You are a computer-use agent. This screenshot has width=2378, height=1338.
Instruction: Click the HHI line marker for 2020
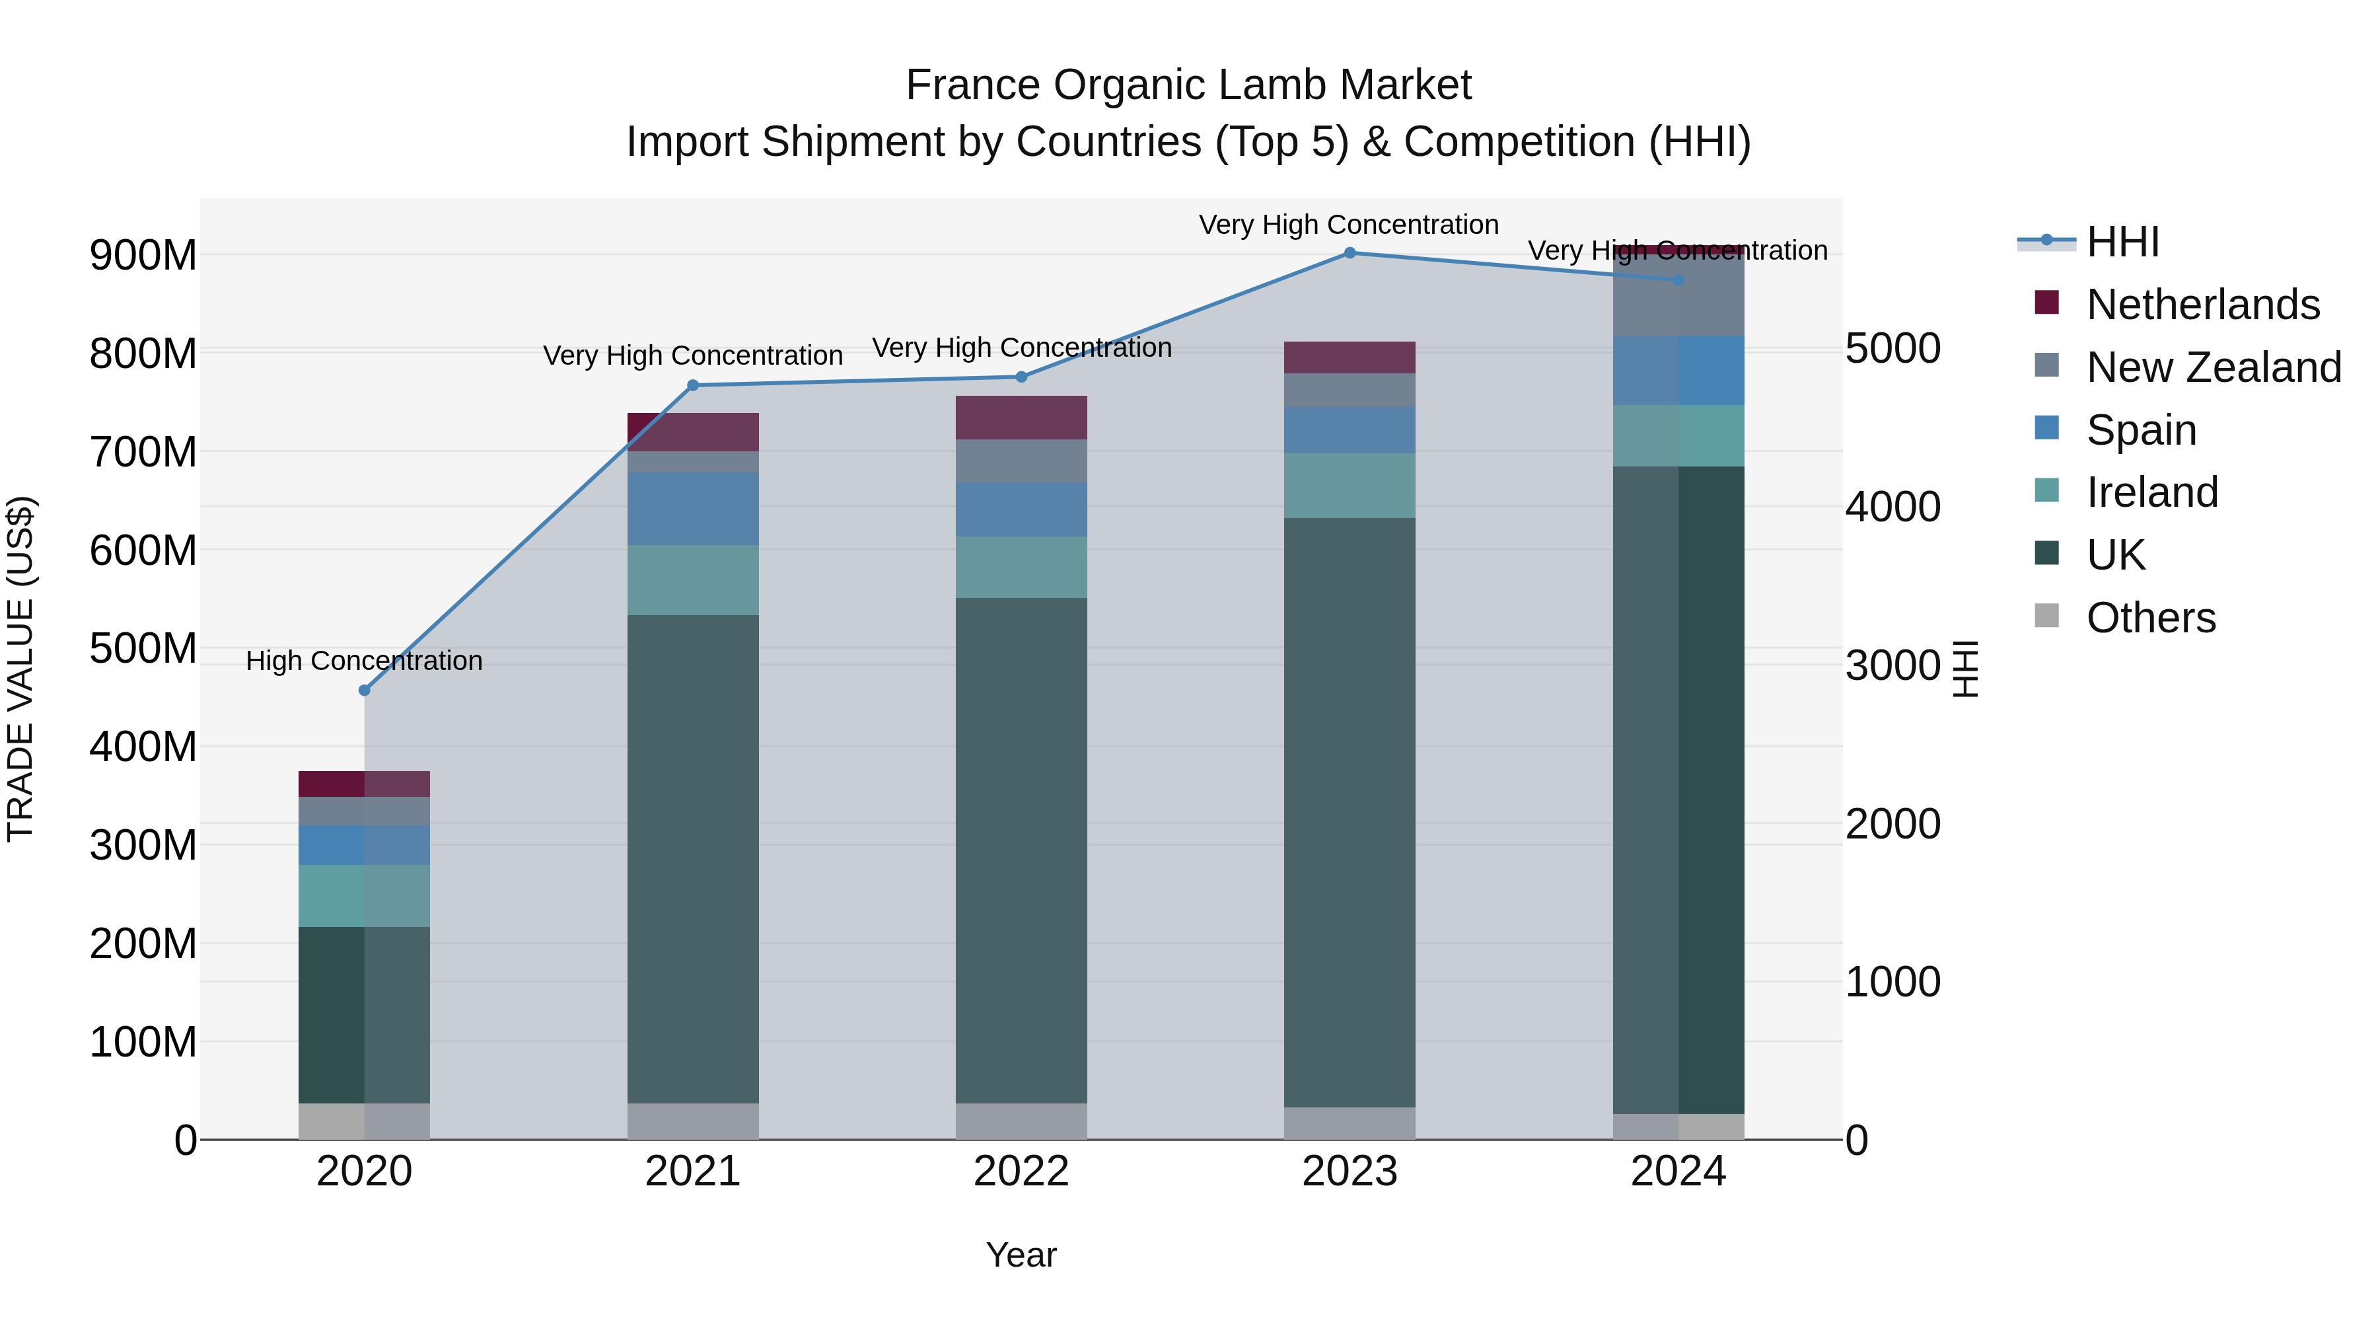coord(364,690)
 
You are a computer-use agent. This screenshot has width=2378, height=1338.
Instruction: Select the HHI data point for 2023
coord(1349,253)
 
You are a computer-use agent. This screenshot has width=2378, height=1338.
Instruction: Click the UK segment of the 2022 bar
coord(1021,850)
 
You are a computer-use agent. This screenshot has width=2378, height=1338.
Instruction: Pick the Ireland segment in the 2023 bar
coord(1349,486)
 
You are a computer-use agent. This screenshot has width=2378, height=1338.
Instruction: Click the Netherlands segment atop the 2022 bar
coord(1021,418)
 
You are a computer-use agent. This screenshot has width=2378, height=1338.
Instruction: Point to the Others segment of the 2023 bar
coord(1349,1123)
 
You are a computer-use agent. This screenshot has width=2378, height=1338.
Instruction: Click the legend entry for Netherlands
coord(2202,305)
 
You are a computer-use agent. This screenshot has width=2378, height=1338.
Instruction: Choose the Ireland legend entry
coord(2151,492)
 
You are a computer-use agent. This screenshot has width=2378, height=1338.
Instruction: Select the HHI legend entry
coord(2121,242)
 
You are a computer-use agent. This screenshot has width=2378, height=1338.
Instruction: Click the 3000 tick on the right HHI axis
coord(1892,666)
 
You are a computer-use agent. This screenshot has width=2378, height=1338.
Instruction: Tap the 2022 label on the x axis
coord(1021,1171)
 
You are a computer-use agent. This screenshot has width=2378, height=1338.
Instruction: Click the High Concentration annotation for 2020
coord(364,661)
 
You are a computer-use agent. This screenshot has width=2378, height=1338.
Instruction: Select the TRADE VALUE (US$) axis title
coord(20,669)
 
